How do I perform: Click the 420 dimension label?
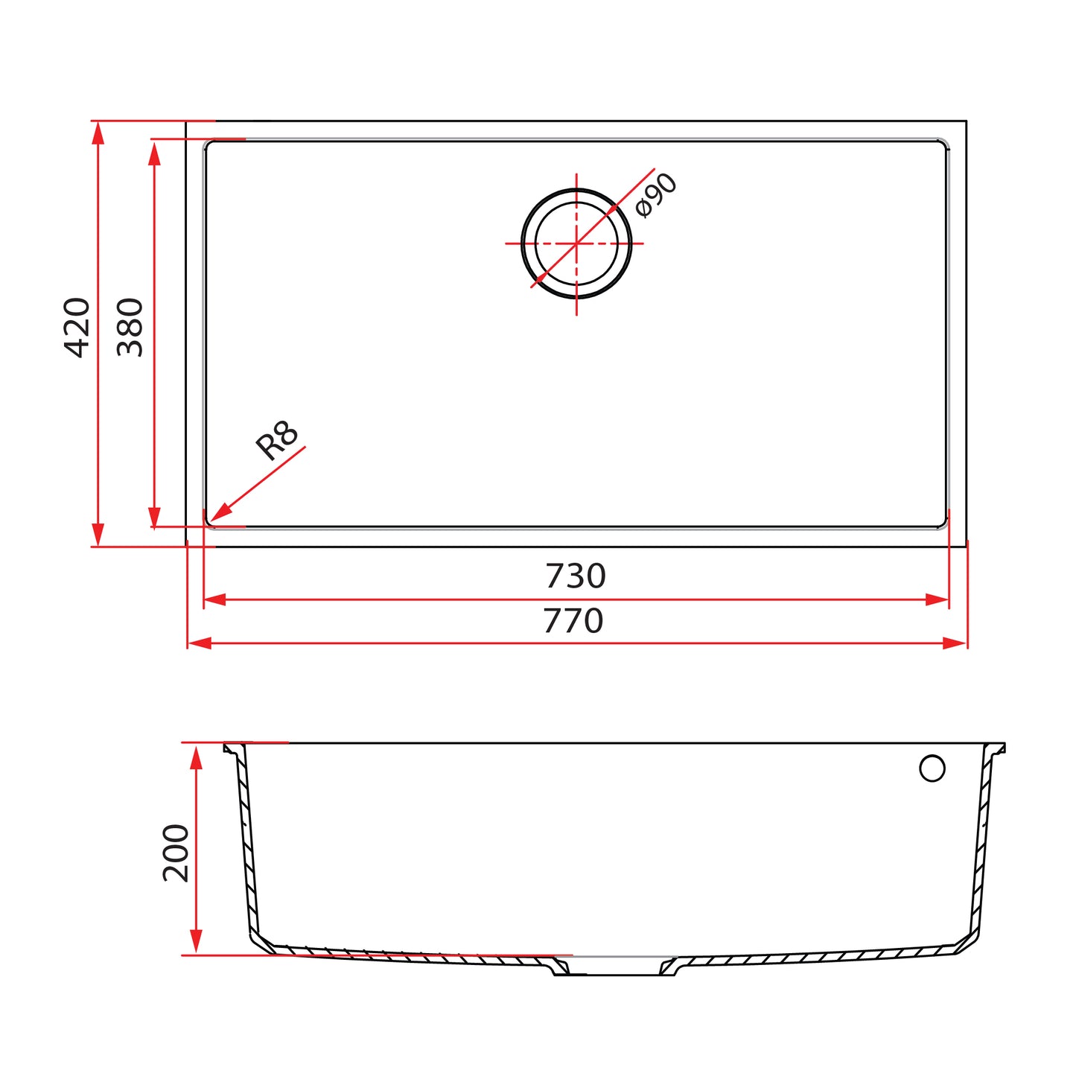click(x=77, y=328)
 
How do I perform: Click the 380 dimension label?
click(x=130, y=328)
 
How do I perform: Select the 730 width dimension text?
click(x=575, y=576)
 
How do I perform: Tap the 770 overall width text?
click(x=573, y=621)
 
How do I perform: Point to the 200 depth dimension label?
click(x=176, y=853)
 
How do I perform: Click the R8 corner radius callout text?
click(x=277, y=441)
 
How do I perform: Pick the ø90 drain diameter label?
click(x=657, y=195)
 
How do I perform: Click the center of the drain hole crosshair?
click(x=576, y=243)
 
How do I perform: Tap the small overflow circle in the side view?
click(x=932, y=768)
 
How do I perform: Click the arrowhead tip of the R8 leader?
click(x=211, y=521)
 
